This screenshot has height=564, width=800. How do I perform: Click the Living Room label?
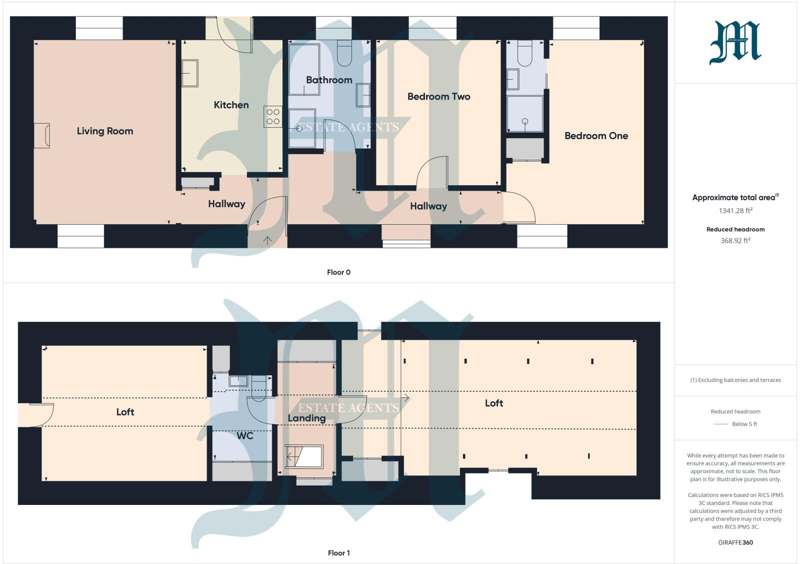(x=105, y=131)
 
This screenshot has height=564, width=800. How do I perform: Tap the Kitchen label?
(x=231, y=105)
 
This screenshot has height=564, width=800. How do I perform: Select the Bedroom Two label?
(x=438, y=97)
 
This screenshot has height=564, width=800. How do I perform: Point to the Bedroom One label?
(x=596, y=136)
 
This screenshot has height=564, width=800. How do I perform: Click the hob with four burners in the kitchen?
(x=273, y=117)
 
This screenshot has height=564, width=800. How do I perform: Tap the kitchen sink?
(x=190, y=73)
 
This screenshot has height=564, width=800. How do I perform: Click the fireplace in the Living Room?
(x=42, y=136)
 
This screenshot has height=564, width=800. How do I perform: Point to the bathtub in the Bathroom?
(x=304, y=69)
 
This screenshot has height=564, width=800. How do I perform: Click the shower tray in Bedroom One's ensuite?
(x=525, y=114)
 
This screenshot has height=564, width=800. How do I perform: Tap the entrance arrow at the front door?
(x=267, y=241)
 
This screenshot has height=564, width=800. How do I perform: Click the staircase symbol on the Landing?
(x=303, y=456)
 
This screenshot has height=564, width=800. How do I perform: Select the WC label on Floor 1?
(x=245, y=436)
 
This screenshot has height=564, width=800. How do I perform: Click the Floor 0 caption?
(x=338, y=272)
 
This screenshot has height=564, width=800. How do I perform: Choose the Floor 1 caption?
(x=338, y=553)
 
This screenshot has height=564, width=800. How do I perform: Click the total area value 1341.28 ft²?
(x=735, y=211)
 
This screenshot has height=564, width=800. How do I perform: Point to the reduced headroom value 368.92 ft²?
(x=735, y=241)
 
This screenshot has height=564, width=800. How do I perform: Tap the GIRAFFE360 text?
(x=735, y=542)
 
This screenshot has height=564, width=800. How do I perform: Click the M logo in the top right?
(x=735, y=43)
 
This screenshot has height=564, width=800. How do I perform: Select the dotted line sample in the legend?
(x=720, y=424)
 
